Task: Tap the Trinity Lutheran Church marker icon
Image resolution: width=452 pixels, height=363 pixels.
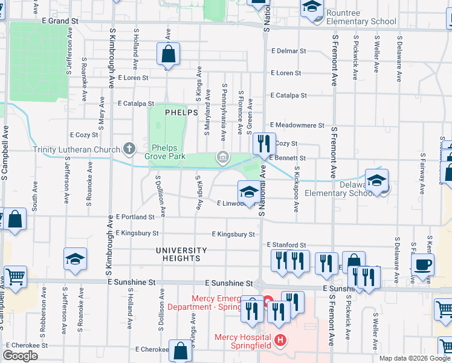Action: [x=128, y=148]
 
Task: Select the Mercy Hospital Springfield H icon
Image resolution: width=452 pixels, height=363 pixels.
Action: [x=280, y=341]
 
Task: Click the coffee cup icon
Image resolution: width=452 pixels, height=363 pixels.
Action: [x=422, y=264]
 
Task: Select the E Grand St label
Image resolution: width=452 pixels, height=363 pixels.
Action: [x=60, y=21]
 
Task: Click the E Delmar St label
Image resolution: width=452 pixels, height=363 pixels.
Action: [x=286, y=51]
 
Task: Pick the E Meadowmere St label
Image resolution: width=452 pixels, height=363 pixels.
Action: [x=298, y=125]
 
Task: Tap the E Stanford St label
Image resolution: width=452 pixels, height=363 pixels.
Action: [x=286, y=244]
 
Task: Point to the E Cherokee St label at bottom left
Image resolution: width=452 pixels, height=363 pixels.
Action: [x=27, y=345]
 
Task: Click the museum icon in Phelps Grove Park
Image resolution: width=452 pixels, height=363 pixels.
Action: [x=223, y=158]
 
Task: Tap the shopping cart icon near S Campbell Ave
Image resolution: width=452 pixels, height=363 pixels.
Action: [x=15, y=276]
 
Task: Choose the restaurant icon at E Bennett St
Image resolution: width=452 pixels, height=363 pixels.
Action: [x=263, y=143]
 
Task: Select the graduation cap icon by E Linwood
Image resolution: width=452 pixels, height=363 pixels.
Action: [x=248, y=192]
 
